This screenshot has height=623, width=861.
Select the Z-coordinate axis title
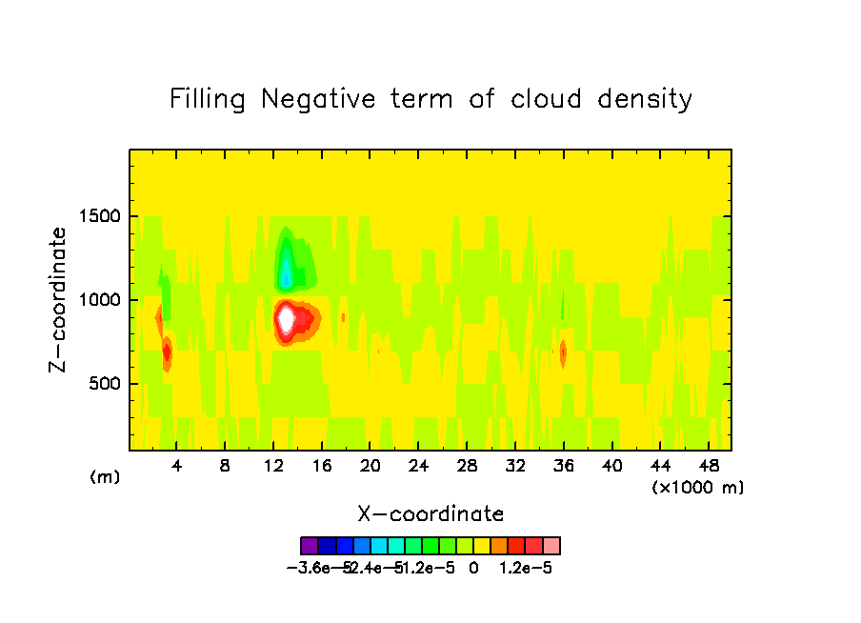pyautogui.click(x=59, y=299)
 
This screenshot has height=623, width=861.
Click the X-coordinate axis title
pyautogui.click(x=430, y=514)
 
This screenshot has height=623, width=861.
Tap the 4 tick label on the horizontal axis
pyautogui.click(x=177, y=467)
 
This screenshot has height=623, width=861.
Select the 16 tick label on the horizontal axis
pyautogui.click(x=322, y=467)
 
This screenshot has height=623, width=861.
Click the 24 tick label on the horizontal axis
pyautogui.click(x=418, y=467)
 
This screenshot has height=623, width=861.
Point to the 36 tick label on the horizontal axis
pyautogui.click(x=563, y=467)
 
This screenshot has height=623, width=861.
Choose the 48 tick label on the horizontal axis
pyautogui.click(x=708, y=467)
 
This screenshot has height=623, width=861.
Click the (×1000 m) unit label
pyautogui.click(x=698, y=488)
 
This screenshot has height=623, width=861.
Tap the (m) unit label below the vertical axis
pyautogui.click(x=105, y=476)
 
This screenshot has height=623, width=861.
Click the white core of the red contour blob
pyautogui.click(x=286, y=319)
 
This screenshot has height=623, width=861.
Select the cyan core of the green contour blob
pyautogui.click(x=286, y=274)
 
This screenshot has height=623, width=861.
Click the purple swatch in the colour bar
pyautogui.click(x=309, y=546)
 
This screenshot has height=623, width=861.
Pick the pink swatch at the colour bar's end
pyautogui.click(x=551, y=546)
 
